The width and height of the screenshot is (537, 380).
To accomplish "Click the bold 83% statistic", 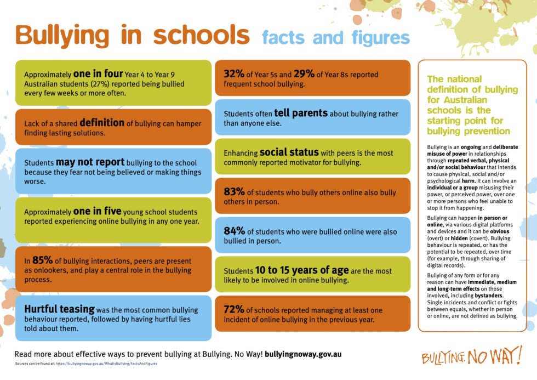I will pos(235,192).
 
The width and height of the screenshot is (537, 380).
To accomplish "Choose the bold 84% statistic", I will pos(235,231).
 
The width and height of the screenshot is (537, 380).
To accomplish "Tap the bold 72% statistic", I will pos(234,310).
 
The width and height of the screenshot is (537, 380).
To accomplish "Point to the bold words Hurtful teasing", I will pos(59,309).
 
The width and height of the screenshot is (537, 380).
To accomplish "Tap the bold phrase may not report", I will pos(90,162).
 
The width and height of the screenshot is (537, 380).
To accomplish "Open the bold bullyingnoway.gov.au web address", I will pos(303,354).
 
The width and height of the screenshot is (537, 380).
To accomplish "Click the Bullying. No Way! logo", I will pos(472,357).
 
